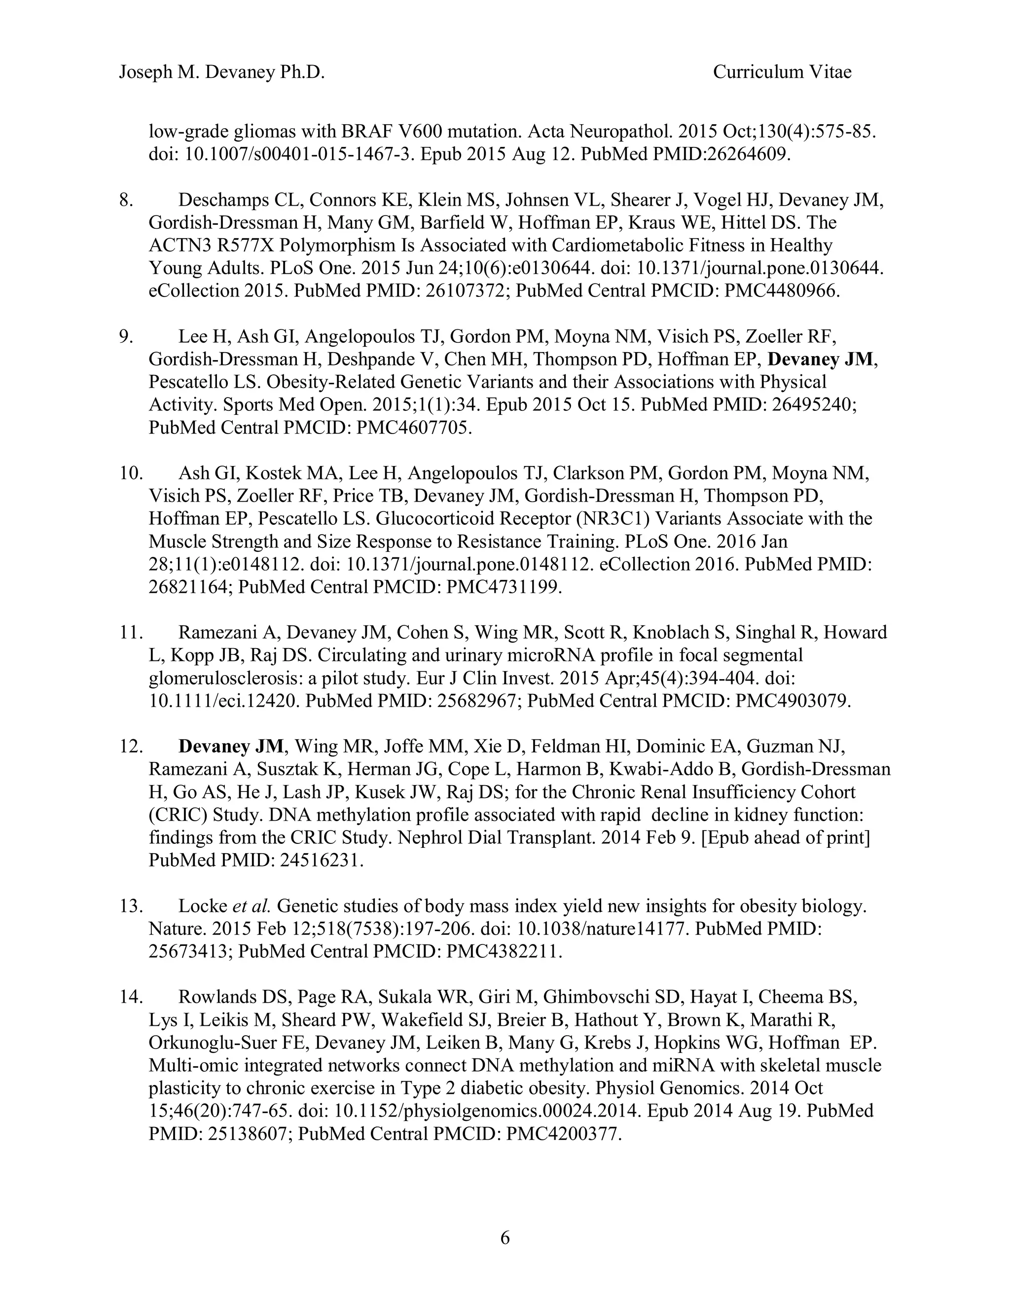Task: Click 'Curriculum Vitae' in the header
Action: (782, 73)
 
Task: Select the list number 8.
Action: (126, 200)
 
